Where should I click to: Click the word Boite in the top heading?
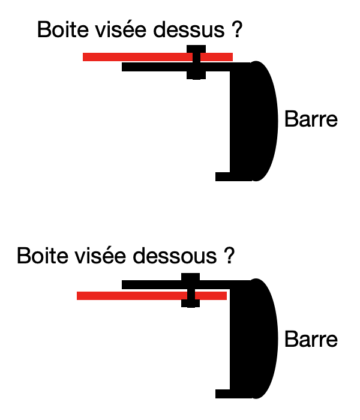coord(59,29)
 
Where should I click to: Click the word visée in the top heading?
coord(117,29)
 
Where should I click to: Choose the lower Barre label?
coord(311,340)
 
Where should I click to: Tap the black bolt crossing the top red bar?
coord(196,62)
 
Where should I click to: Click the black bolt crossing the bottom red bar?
coord(190,290)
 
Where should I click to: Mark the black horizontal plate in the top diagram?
coord(156,67)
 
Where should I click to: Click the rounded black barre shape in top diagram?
coord(258,120)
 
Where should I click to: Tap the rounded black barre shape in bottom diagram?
coord(258,339)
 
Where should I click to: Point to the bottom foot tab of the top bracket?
coord(224,176)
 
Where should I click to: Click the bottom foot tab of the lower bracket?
coord(224,394)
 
